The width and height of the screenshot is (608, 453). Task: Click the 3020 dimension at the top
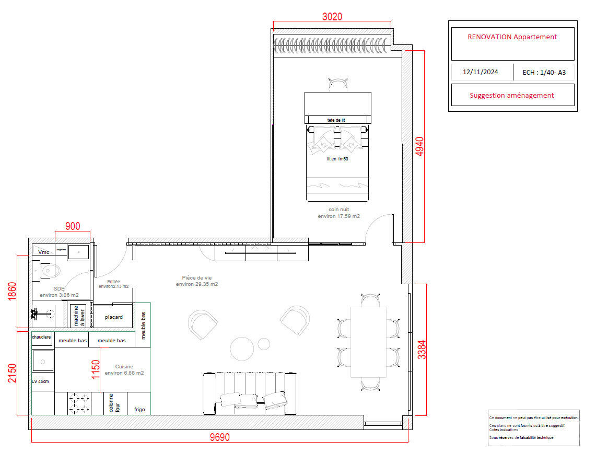point(332,16)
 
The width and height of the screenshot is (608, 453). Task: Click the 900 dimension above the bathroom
point(73,226)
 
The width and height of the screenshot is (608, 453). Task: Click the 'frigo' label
point(139,410)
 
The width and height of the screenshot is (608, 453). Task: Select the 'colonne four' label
point(114,403)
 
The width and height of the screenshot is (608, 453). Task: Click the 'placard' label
point(113,317)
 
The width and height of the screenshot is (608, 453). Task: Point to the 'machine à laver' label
point(79,316)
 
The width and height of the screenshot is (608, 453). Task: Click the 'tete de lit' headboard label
point(336,120)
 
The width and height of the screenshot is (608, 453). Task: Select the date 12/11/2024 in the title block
point(480,72)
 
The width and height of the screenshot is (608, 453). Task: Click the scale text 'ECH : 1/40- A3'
point(544,73)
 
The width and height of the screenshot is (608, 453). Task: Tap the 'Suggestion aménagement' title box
point(512,95)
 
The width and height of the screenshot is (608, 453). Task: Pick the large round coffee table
point(242,349)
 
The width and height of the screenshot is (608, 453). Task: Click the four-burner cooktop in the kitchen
point(79,403)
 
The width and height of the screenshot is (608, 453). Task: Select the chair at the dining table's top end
point(370,300)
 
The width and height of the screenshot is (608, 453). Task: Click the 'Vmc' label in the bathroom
point(44,252)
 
